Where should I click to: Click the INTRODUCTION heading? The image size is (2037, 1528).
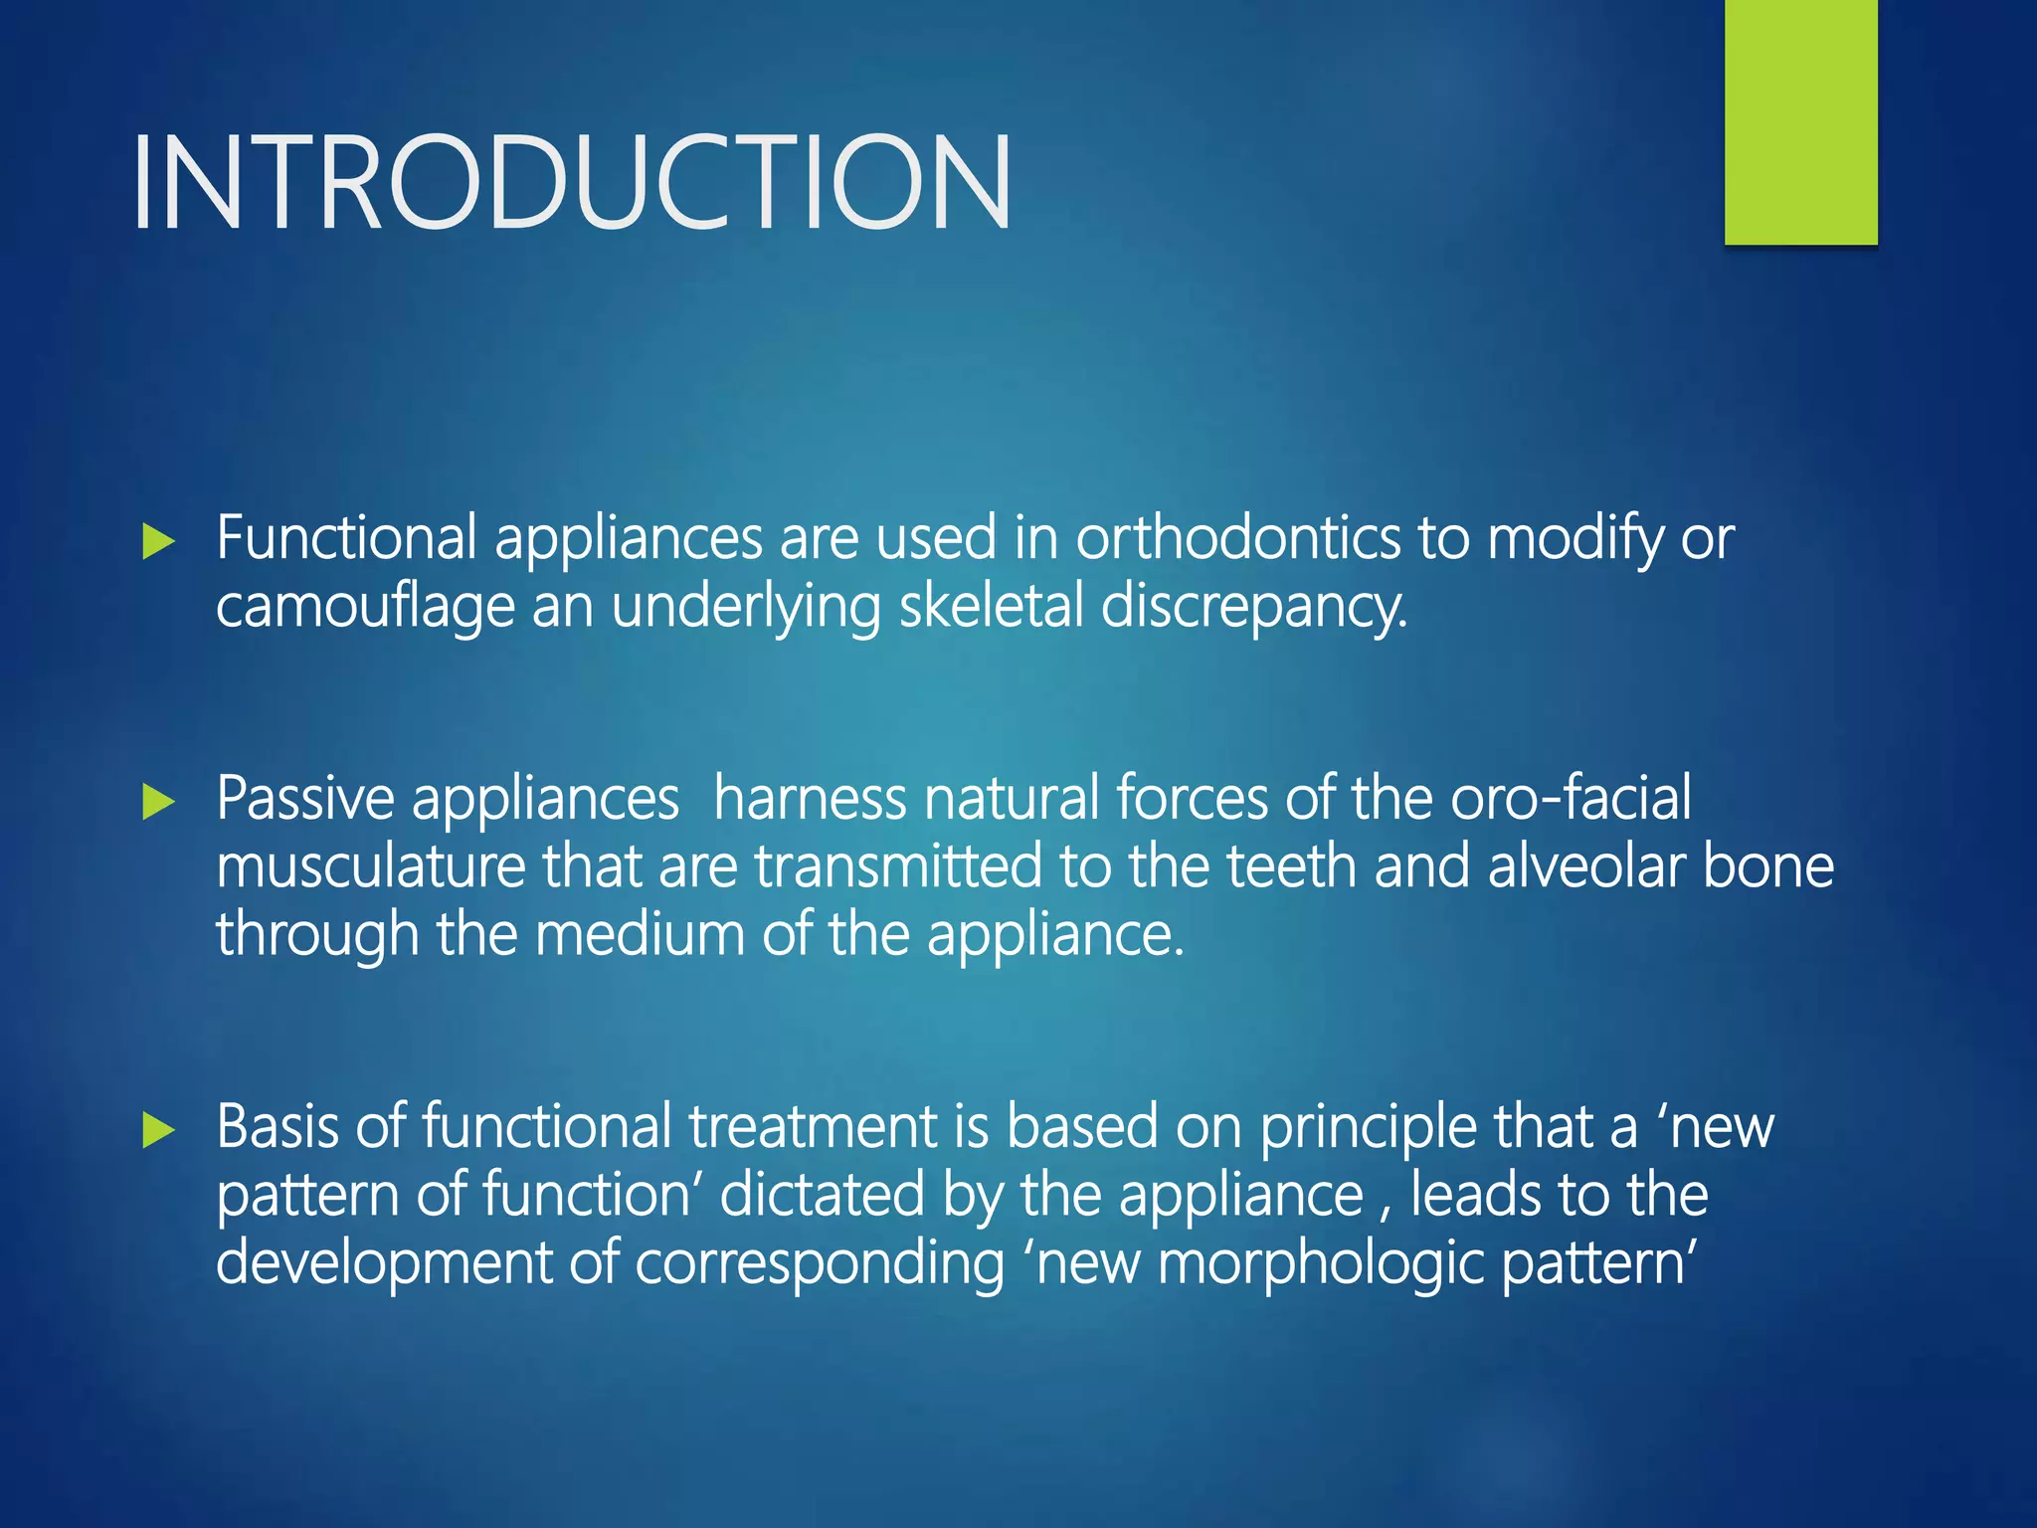pyautogui.click(x=571, y=183)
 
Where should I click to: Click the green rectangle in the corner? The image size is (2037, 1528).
pyautogui.click(x=1800, y=121)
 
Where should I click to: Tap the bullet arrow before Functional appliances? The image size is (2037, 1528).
pyautogui.click(x=158, y=542)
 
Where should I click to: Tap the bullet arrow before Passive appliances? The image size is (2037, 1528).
pyautogui.click(x=158, y=802)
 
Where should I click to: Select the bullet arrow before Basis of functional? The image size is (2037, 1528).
pyautogui.click(x=158, y=1130)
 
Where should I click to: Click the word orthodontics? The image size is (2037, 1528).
pyautogui.click(x=1237, y=539)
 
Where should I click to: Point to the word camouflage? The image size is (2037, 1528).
pyautogui.click(x=365, y=607)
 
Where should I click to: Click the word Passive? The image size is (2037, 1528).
pyautogui.click(x=304, y=800)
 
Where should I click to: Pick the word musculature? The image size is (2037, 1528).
pyautogui.click(x=370, y=866)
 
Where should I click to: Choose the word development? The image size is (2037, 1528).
pyautogui.click(x=383, y=1264)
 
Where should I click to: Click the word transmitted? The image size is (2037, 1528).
pyautogui.click(x=898, y=866)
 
